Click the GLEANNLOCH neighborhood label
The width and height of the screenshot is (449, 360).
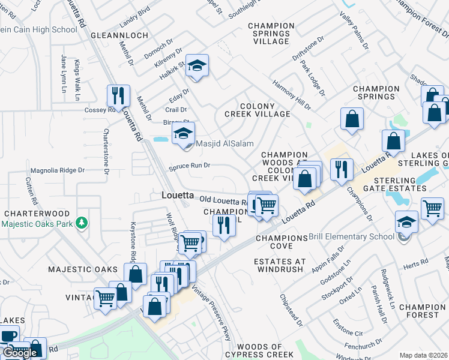coord(119,35)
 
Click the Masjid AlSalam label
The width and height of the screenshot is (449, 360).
coord(224,144)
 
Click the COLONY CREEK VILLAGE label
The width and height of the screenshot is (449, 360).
coord(257,110)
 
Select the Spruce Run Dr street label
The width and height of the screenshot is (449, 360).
coord(189,166)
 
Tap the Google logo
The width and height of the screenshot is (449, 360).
coord(20,353)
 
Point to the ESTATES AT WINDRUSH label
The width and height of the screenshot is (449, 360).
coord(280,265)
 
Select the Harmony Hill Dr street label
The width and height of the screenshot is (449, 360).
coord(292,95)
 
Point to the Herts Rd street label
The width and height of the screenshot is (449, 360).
coord(415,263)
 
